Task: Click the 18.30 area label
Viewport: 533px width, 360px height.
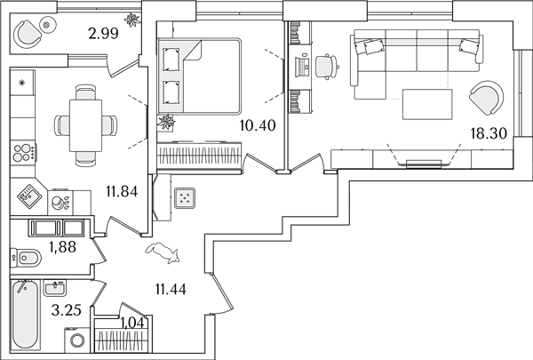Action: coord(489,133)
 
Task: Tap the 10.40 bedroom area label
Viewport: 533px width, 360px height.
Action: coord(258,125)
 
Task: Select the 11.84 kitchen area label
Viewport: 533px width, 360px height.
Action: coord(122,192)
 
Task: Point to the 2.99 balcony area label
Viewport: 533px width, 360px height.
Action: coord(103,34)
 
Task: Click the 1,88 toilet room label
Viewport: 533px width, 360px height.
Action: coord(62,247)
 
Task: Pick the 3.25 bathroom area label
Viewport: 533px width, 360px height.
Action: coord(67,310)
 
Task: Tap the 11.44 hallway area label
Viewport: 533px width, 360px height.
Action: coord(171,290)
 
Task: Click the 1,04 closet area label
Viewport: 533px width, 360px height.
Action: coord(132,324)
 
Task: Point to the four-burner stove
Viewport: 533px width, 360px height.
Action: coord(23,152)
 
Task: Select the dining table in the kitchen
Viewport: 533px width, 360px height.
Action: coord(85,125)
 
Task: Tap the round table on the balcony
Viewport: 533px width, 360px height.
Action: coord(47,25)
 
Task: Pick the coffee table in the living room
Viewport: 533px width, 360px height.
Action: coord(427,104)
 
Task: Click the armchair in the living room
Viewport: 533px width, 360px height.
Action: coord(486,98)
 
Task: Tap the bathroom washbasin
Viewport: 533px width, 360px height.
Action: coord(55,288)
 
